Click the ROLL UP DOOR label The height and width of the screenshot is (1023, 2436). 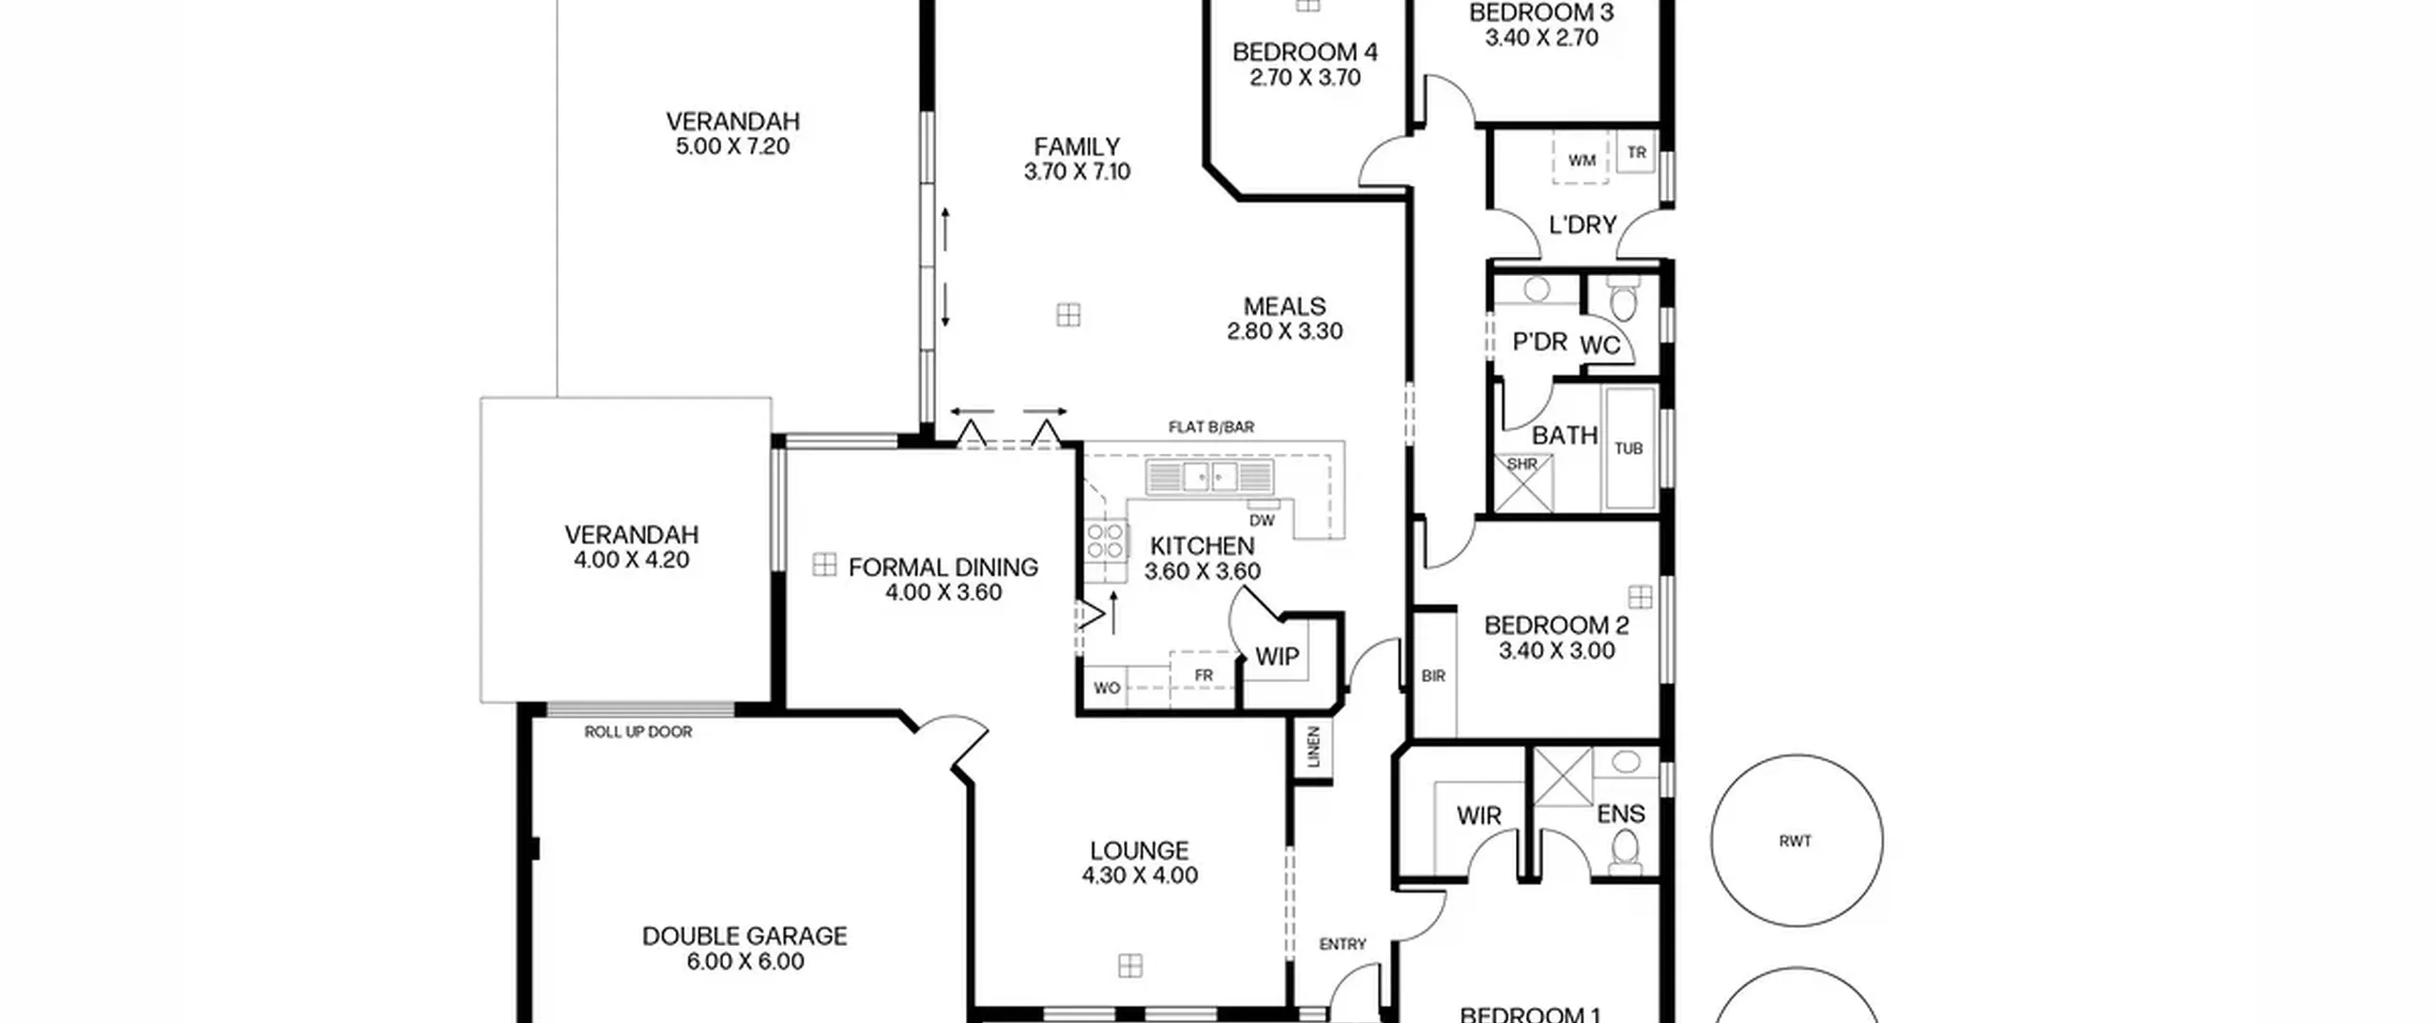point(638,732)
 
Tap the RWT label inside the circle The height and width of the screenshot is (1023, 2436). point(1795,841)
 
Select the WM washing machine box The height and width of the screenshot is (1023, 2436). point(1581,158)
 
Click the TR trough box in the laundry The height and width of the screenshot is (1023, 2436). point(1637,152)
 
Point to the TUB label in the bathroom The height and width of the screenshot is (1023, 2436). point(1628,448)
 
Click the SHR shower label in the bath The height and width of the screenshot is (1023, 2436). point(1522,464)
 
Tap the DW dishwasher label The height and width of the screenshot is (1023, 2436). point(1262,521)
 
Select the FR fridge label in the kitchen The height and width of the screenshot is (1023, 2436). point(1204,676)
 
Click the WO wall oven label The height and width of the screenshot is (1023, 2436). point(1107,688)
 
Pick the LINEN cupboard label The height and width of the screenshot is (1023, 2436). point(1314,747)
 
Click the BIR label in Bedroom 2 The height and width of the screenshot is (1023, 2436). point(1433,676)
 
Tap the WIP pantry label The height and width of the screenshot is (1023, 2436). point(1277,657)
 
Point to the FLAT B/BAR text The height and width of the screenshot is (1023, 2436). point(1211,427)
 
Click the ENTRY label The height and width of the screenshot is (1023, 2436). point(1343,944)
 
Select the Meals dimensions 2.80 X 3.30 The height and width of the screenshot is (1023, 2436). point(1285,331)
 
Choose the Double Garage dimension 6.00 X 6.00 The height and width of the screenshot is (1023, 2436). point(745,961)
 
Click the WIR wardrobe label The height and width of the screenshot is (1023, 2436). point(1479,816)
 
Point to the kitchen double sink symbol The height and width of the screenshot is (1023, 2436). point(1209,476)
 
